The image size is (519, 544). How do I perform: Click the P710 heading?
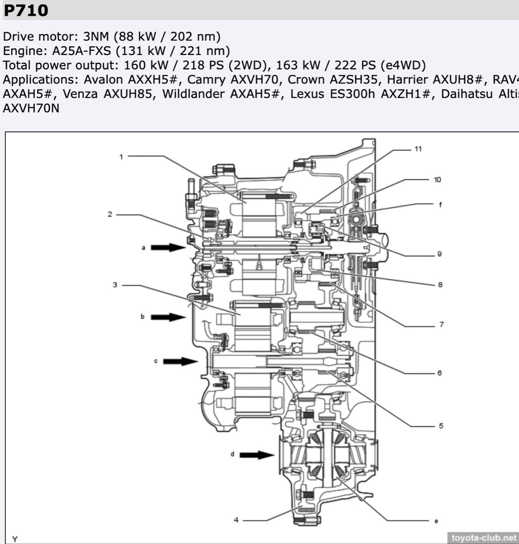(26, 10)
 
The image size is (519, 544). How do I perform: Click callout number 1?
(121, 157)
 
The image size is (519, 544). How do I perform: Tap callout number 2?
(110, 214)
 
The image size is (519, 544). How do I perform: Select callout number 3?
(115, 285)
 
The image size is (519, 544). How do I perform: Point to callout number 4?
(236, 520)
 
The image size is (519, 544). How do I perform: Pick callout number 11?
(418, 149)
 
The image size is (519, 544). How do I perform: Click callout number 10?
(437, 180)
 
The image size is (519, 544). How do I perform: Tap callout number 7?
(442, 324)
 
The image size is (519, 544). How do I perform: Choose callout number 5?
(441, 426)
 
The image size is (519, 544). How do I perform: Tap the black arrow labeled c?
(180, 361)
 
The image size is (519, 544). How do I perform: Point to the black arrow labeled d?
(257, 455)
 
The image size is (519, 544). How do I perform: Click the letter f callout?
(440, 205)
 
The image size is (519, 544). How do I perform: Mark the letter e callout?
(436, 521)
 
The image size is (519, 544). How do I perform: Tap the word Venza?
(80, 94)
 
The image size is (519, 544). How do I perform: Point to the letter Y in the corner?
(15, 539)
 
